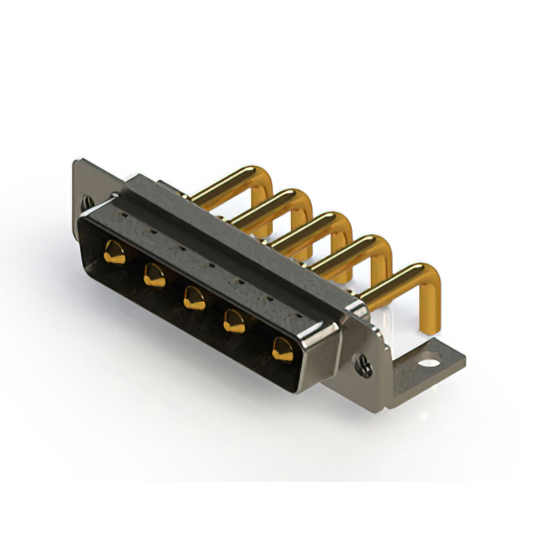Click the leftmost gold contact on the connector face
[114, 251]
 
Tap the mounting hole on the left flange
[87, 203]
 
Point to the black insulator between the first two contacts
[134, 264]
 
